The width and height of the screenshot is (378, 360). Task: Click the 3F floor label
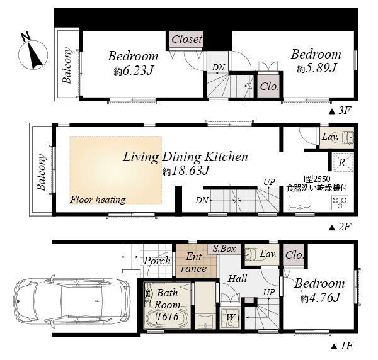(x=339, y=110)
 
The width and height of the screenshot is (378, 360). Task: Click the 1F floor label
(x=339, y=346)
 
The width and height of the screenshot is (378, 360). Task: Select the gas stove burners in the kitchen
(x=339, y=203)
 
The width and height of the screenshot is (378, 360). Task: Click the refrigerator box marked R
(x=341, y=162)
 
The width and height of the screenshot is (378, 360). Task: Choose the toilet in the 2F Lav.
(x=346, y=137)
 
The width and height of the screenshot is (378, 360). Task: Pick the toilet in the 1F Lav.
(x=255, y=254)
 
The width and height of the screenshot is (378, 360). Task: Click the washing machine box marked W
(x=231, y=317)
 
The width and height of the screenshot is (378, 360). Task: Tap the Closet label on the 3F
(x=186, y=39)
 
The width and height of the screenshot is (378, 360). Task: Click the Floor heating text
(x=98, y=200)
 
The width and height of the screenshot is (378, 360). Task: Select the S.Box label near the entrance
(x=224, y=249)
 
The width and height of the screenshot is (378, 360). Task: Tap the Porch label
(x=157, y=261)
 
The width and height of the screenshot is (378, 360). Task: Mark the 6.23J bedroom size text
(x=133, y=71)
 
